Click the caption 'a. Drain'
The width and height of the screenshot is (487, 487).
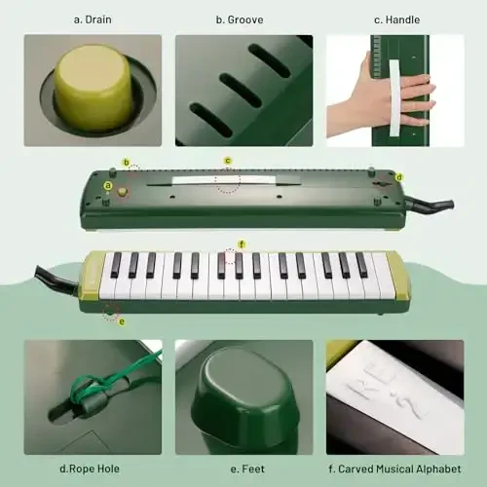tap(92, 18)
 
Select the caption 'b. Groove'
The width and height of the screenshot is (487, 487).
tap(243, 18)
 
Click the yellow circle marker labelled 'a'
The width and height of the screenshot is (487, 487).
tap(108, 184)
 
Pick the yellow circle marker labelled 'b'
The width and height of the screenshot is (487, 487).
tap(126, 162)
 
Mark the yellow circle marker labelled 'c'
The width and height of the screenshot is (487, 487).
tap(228, 161)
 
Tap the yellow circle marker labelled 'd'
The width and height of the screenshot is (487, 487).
tap(399, 177)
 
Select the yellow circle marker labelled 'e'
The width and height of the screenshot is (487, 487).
tap(122, 321)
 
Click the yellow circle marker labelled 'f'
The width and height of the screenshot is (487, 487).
tap(242, 243)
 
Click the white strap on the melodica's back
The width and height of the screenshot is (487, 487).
tap(222, 180)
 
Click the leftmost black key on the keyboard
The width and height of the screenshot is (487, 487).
tap(116, 265)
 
